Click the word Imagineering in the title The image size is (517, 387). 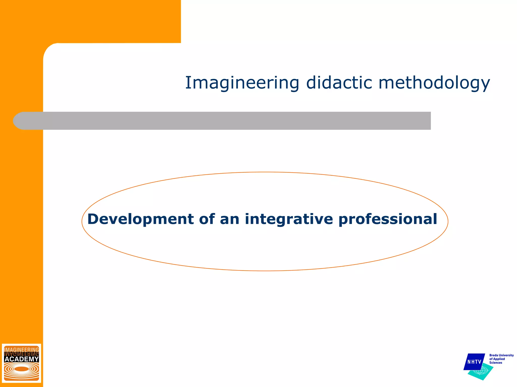[242, 83]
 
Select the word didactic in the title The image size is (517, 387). [339, 83]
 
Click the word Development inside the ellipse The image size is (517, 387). [140, 219]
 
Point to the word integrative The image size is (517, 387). [289, 219]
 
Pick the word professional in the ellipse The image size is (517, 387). [387, 219]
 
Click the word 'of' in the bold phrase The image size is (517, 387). [207, 219]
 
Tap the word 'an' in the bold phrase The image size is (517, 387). [229, 219]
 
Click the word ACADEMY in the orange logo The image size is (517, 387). [22, 359]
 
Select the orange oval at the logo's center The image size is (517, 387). [22, 369]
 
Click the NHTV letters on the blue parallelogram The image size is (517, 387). [474, 362]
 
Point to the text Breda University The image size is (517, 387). [501, 355]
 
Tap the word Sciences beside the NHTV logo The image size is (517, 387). [496, 363]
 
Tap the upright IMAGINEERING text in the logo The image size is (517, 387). [22, 350]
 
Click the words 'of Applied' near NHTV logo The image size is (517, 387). [497, 359]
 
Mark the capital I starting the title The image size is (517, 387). [188, 83]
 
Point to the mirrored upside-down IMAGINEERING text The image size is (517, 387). [22, 354]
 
